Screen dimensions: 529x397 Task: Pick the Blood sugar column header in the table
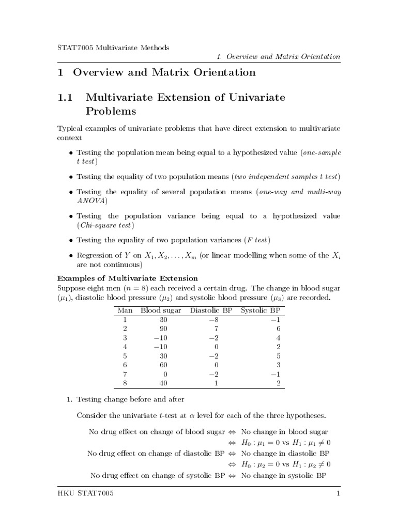pyautogui.click(x=160, y=310)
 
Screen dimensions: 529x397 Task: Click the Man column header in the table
pyautogui.click(x=125, y=310)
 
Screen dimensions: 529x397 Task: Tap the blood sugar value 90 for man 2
pyautogui.click(x=165, y=329)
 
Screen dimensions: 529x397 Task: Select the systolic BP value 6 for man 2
pyautogui.click(x=278, y=329)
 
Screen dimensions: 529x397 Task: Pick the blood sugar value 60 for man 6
pyautogui.click(x=165, y=365)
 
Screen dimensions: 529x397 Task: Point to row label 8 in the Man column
pyautogui.click(x=125, y=383)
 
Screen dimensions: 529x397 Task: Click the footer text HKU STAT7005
pyautogui.click(x=85, y=494)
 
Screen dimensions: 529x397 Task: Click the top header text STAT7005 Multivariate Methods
pyautogui.click(x=113, y=48)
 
